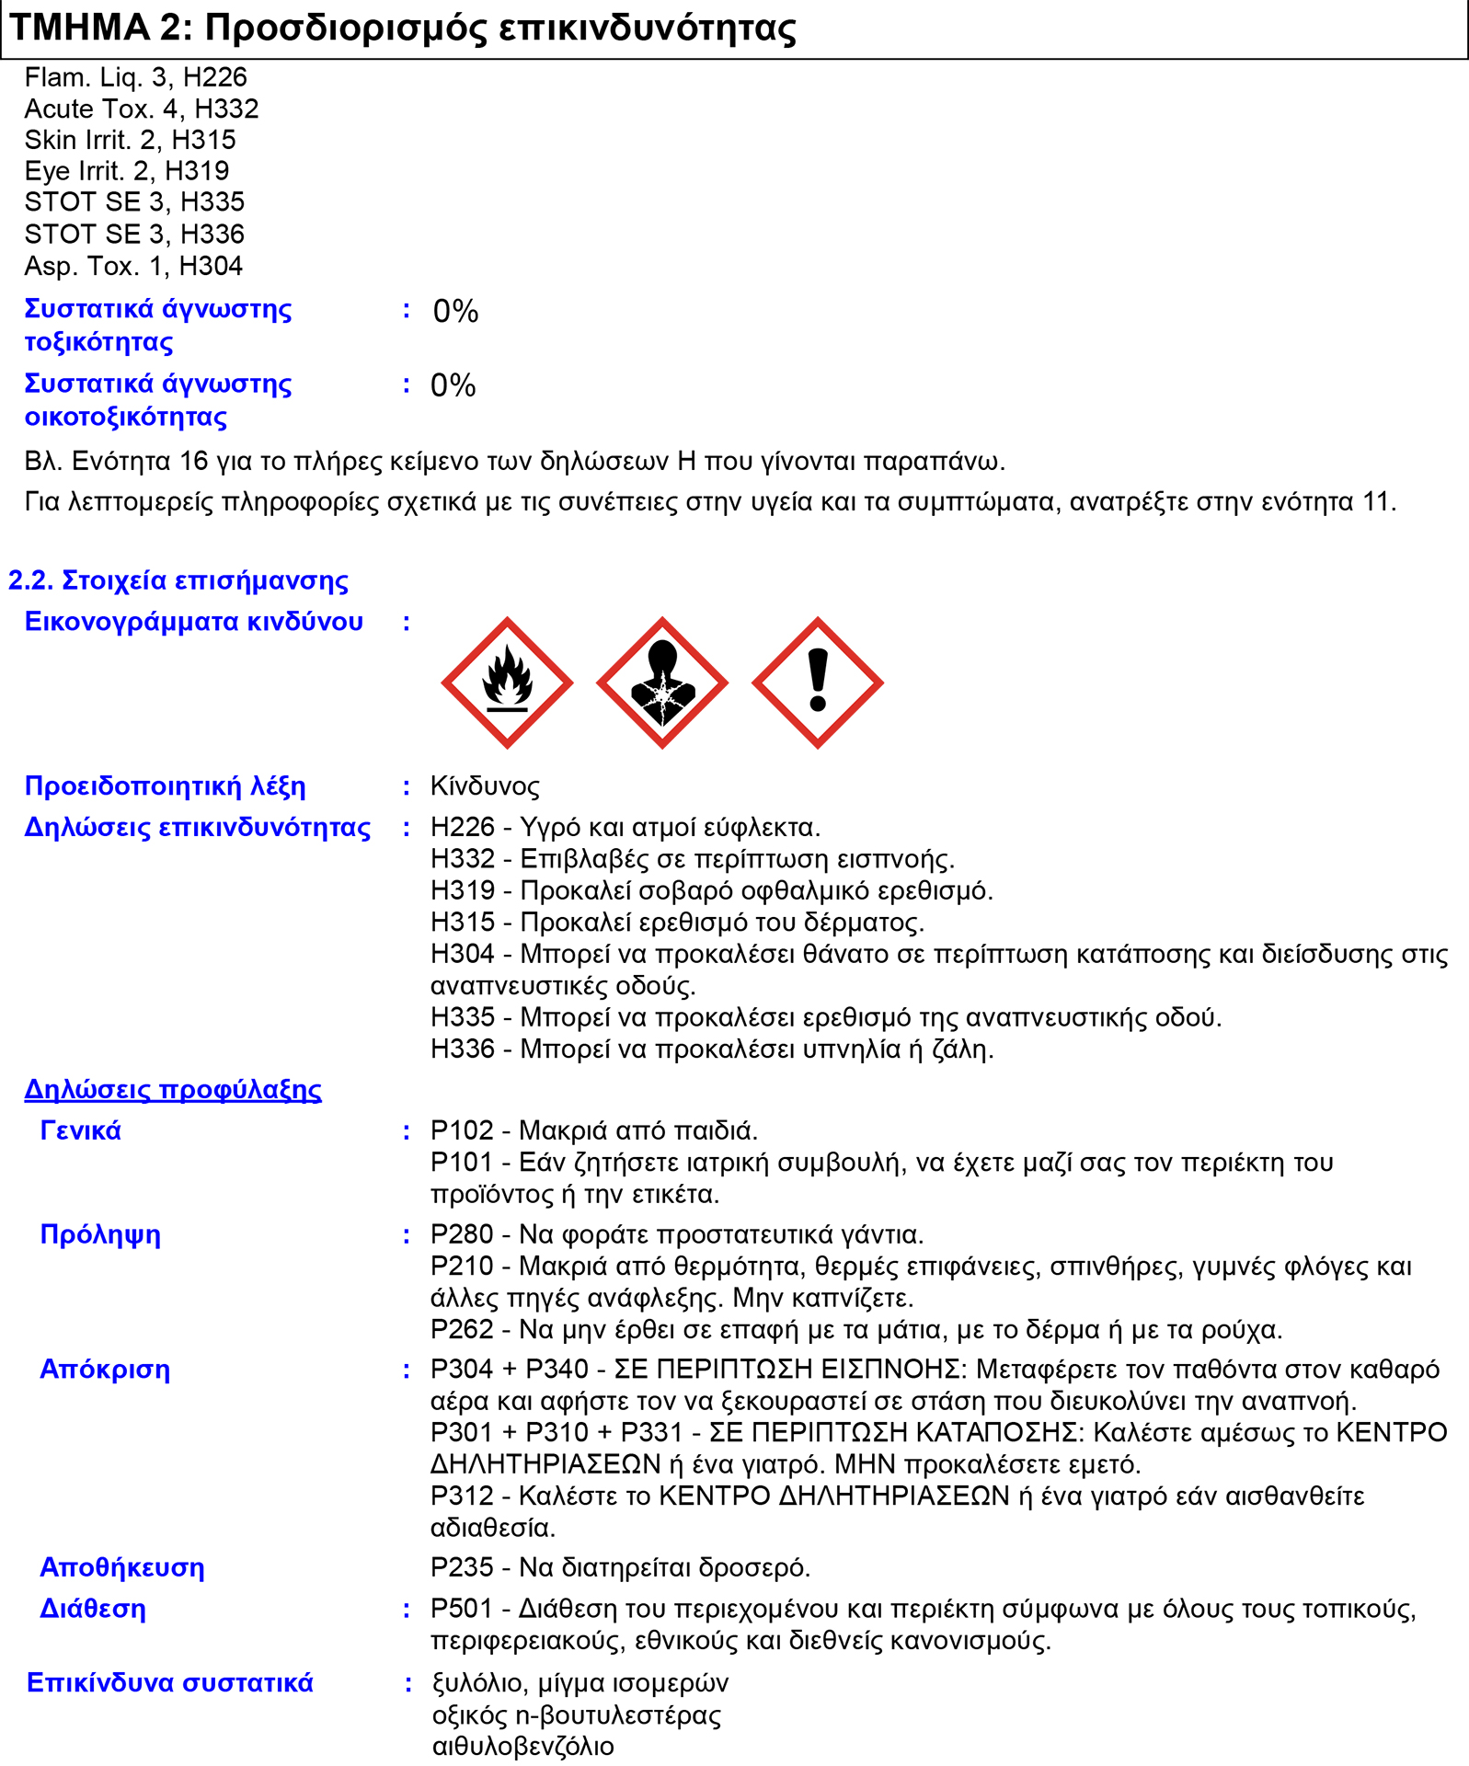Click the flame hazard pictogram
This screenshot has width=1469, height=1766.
(x=507, y=683)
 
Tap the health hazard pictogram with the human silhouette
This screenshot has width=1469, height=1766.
(x=662, y=683)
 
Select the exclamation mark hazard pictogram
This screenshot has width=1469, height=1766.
(x=818, y=683)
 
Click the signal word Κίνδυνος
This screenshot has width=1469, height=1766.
(x=485, y=786)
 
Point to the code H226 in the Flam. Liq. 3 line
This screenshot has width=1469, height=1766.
(x=214, y=77)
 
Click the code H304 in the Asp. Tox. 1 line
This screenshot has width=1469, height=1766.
(x=211, y=266)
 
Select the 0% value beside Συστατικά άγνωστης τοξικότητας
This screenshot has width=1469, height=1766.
(x=455, y=312)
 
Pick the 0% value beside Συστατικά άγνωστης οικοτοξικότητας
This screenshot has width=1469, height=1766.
(x=453, y=385)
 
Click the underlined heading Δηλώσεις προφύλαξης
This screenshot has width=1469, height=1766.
(x=173, y=1090)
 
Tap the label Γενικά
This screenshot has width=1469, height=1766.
(x=80, y=1130)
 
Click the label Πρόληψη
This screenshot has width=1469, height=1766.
(x=100, y=1234)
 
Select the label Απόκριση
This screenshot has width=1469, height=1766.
(x=105, y=1370)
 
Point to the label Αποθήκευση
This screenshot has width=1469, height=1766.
(x=122, y=1567)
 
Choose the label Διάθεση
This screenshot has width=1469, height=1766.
(x=93, y=1609)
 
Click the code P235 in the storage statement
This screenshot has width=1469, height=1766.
(x=462, y=1567)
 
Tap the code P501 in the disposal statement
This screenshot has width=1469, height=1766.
(x=462, y=1609)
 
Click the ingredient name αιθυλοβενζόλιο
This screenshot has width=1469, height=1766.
(x=522, y=1746)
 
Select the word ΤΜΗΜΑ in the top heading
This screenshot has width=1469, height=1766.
(x=79, y=28)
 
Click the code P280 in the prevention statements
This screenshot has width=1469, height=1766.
(x=462, y=1234)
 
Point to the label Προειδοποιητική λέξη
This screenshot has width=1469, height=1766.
(x=166, y=786)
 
